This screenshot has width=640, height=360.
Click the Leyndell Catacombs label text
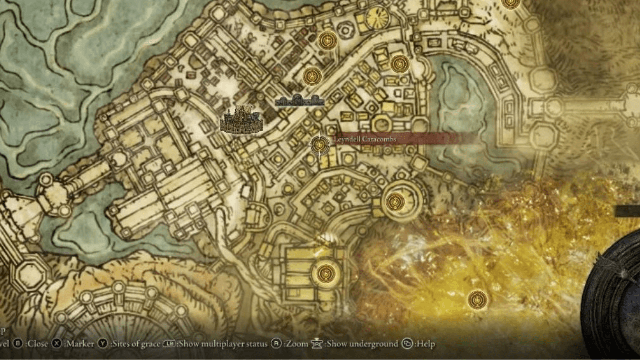click(x=365, y=139)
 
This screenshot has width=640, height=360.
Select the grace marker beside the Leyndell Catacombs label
click(x=320, y=145)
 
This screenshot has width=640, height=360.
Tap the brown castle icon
click(x=241, y=121)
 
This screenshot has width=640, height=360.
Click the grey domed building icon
click(x=299, y=100)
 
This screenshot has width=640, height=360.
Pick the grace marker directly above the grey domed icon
click(x=312, y=76)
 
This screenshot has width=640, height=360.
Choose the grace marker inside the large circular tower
click(x=395, y=201)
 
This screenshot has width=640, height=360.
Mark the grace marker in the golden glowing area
click(x=478, y=299)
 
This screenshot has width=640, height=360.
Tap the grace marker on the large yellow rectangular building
click(x=326, y=273)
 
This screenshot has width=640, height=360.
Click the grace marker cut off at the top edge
click(x=511, y=3)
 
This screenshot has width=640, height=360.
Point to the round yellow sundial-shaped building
click(x=377, y=18)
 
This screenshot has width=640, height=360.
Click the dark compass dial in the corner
click(x=615, y=295)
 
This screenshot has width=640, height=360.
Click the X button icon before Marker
click(x=57, y=344)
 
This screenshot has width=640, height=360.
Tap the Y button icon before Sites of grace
click(x=103, y=344)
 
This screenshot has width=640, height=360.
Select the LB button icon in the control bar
click(x=170, y=344)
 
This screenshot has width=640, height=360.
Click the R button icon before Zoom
click(x=276, y=344)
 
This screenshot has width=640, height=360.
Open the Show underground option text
click(x=362, y=344)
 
